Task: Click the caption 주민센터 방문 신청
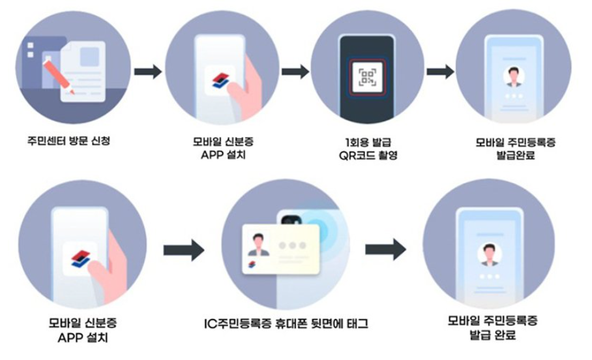64,139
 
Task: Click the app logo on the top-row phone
220,80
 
